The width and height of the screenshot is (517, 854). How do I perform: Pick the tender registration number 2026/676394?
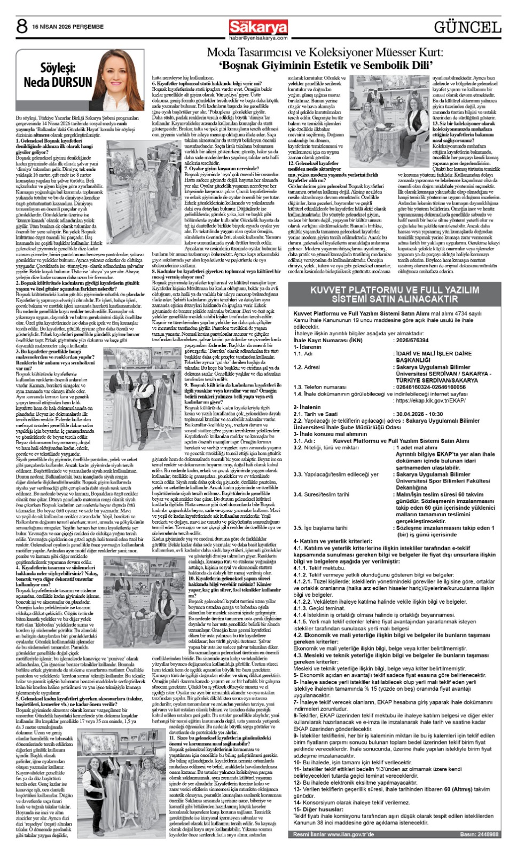tap(412, 340)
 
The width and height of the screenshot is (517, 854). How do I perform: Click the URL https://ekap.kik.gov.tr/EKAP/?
tap(430, 400)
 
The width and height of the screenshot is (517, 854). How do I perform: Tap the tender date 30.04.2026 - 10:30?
tap(419, 414)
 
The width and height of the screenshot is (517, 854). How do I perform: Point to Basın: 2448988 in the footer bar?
tap(479, 834)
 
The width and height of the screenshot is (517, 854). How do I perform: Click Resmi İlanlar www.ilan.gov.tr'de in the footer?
tap(333, 834)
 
